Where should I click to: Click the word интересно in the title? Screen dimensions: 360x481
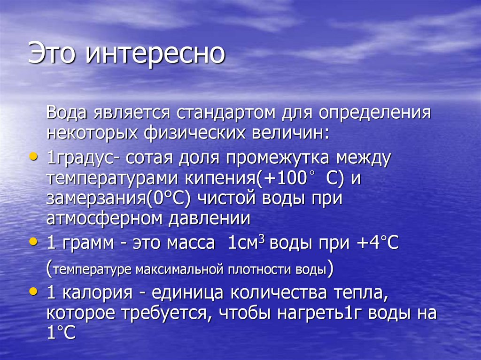click(x=155, y=54)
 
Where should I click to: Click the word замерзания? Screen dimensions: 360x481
click(x=95, y=199)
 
